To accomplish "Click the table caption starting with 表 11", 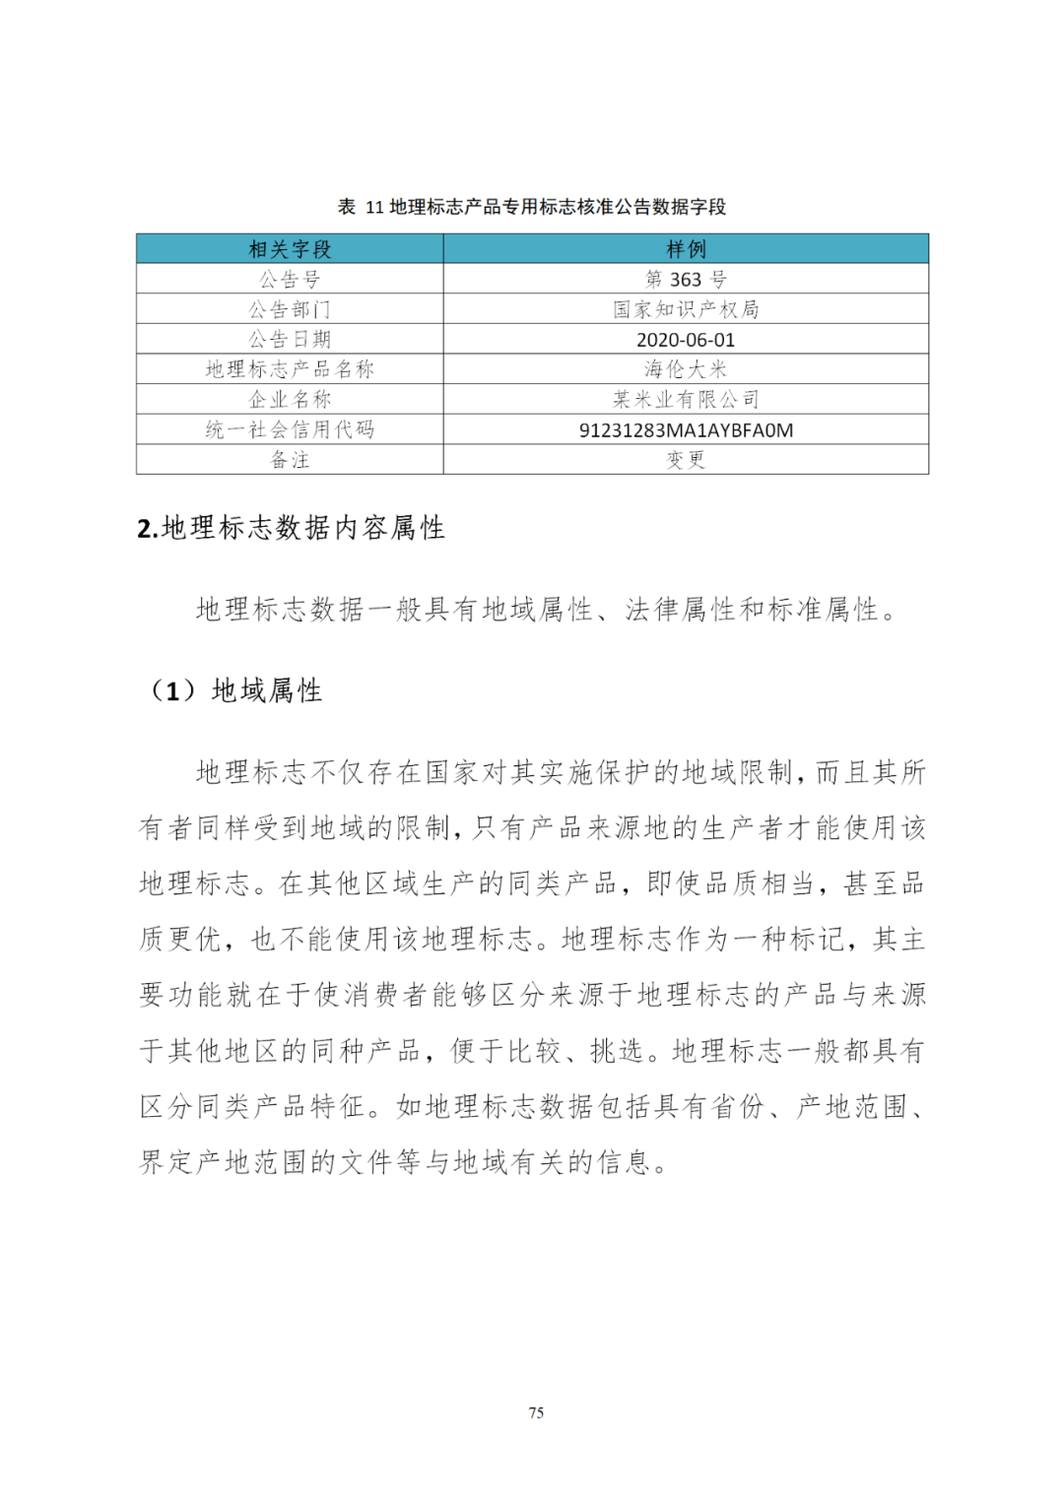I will click(x=532, y=207).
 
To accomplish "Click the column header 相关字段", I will click(x=290, y=249).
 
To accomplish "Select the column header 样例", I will click(x=686, y=249).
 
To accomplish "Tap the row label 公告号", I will click(x=290, y=280).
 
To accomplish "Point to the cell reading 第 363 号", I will click(x=686, y=280).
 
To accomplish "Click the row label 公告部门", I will click(x=290, y=309).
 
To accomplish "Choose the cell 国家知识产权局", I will click(x=686, y=309).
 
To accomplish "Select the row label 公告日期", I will click(x=290, y=340).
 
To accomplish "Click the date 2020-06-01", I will click(x=686, y=340).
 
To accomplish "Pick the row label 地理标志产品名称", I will click(x=290, y=369).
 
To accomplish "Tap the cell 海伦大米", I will click(x=686, y=369).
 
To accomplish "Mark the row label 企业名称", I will click(x=290, y=400).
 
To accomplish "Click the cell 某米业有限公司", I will click(x=686, y=400).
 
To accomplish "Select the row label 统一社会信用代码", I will click(x=290, y=429).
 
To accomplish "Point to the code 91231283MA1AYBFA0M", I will click(x=686, y=430).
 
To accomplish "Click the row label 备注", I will click(x=290, y=460).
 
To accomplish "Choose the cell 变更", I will click(x=686, y=460).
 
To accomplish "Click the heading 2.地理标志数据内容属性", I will click(x=292, y=528).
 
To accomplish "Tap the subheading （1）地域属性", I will click(x=236, y=690).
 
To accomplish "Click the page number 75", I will click(x=536, y=1412).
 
